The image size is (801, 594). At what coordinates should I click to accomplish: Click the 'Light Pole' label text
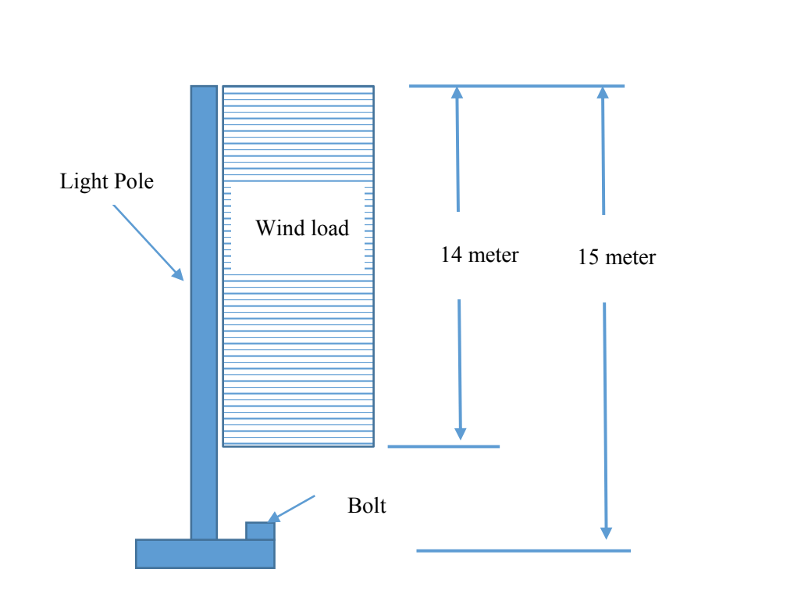click(107, 182)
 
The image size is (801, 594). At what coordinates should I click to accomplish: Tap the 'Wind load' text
click(302, 228)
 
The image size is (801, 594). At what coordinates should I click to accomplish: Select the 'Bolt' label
click(367, 506)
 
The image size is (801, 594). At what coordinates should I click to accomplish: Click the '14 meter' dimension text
click(479, 255)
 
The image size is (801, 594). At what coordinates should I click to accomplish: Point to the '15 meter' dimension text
click(617, 257)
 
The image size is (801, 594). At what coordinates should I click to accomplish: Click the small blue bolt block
click(260, 531)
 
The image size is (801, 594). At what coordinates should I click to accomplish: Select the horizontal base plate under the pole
click(205, 553)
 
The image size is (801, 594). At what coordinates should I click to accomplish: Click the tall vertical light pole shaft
click(204, 313)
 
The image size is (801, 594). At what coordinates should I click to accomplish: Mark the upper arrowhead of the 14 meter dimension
click(457, 92)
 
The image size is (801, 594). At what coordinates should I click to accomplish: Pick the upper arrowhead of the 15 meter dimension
click(602, 92)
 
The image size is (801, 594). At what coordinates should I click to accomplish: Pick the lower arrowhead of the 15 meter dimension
click(606, 532)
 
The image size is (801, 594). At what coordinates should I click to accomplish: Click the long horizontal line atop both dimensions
click(516, 86)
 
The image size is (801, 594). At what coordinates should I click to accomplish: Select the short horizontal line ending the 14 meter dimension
click(443, 446)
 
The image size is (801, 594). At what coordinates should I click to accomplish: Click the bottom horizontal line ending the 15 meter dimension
click(523, 551)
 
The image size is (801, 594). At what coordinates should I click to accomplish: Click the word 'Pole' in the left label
click(134, 182)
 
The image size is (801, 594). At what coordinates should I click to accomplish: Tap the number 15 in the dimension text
click(588, 257)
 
